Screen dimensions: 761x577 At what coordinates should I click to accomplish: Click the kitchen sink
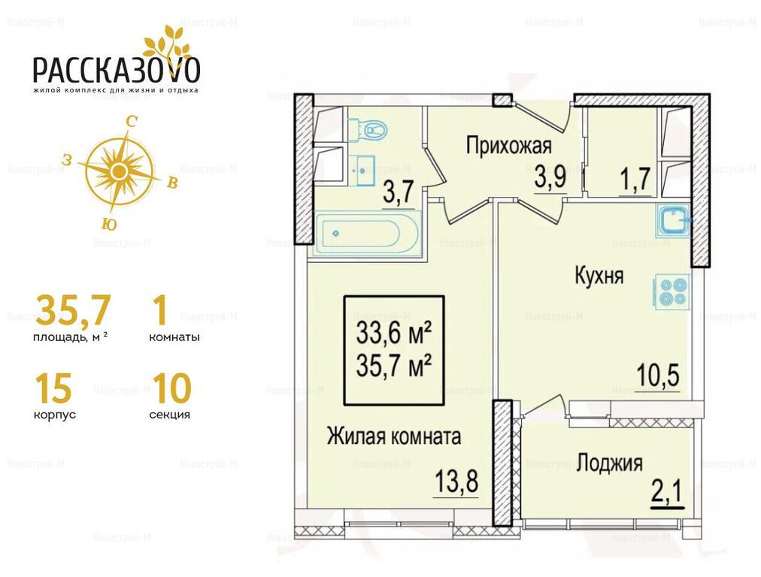pyautogui.click(x=672, y=221)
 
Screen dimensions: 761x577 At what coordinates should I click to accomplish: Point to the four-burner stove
pyautogui.click(x=673, y=292)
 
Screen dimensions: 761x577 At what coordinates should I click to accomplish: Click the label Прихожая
pyautogui.click(x=508, y=146)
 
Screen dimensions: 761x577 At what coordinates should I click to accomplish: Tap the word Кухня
pyautogui.click(x=599, y=276)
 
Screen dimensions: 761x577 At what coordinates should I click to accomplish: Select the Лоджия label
pyautogui.click(x=610, y=463)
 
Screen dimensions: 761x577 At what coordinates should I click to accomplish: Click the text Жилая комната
pyautogui.click(x=393, y=437)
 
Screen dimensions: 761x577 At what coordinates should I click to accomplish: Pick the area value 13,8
pyautogui.click(x=456, y=482)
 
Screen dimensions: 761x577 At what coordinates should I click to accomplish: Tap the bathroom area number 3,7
pyautogui.click(x=399, y=194)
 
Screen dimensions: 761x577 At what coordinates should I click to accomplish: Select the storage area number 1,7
pyautogui.click(x=635, y=180)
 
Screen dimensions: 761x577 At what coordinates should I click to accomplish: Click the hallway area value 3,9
pyautogui.click(x=550, y=178)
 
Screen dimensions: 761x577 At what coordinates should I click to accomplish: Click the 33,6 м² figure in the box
pyautogui.click(x=394, y=334)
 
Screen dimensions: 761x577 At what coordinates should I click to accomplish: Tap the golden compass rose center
pyautogui.click(x=118, y=171)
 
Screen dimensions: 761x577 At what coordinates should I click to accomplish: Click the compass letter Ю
pyautogui.click(x=110, y=224)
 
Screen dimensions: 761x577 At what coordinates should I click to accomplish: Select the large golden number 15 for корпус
pyautogui.click(x=53, y=388)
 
